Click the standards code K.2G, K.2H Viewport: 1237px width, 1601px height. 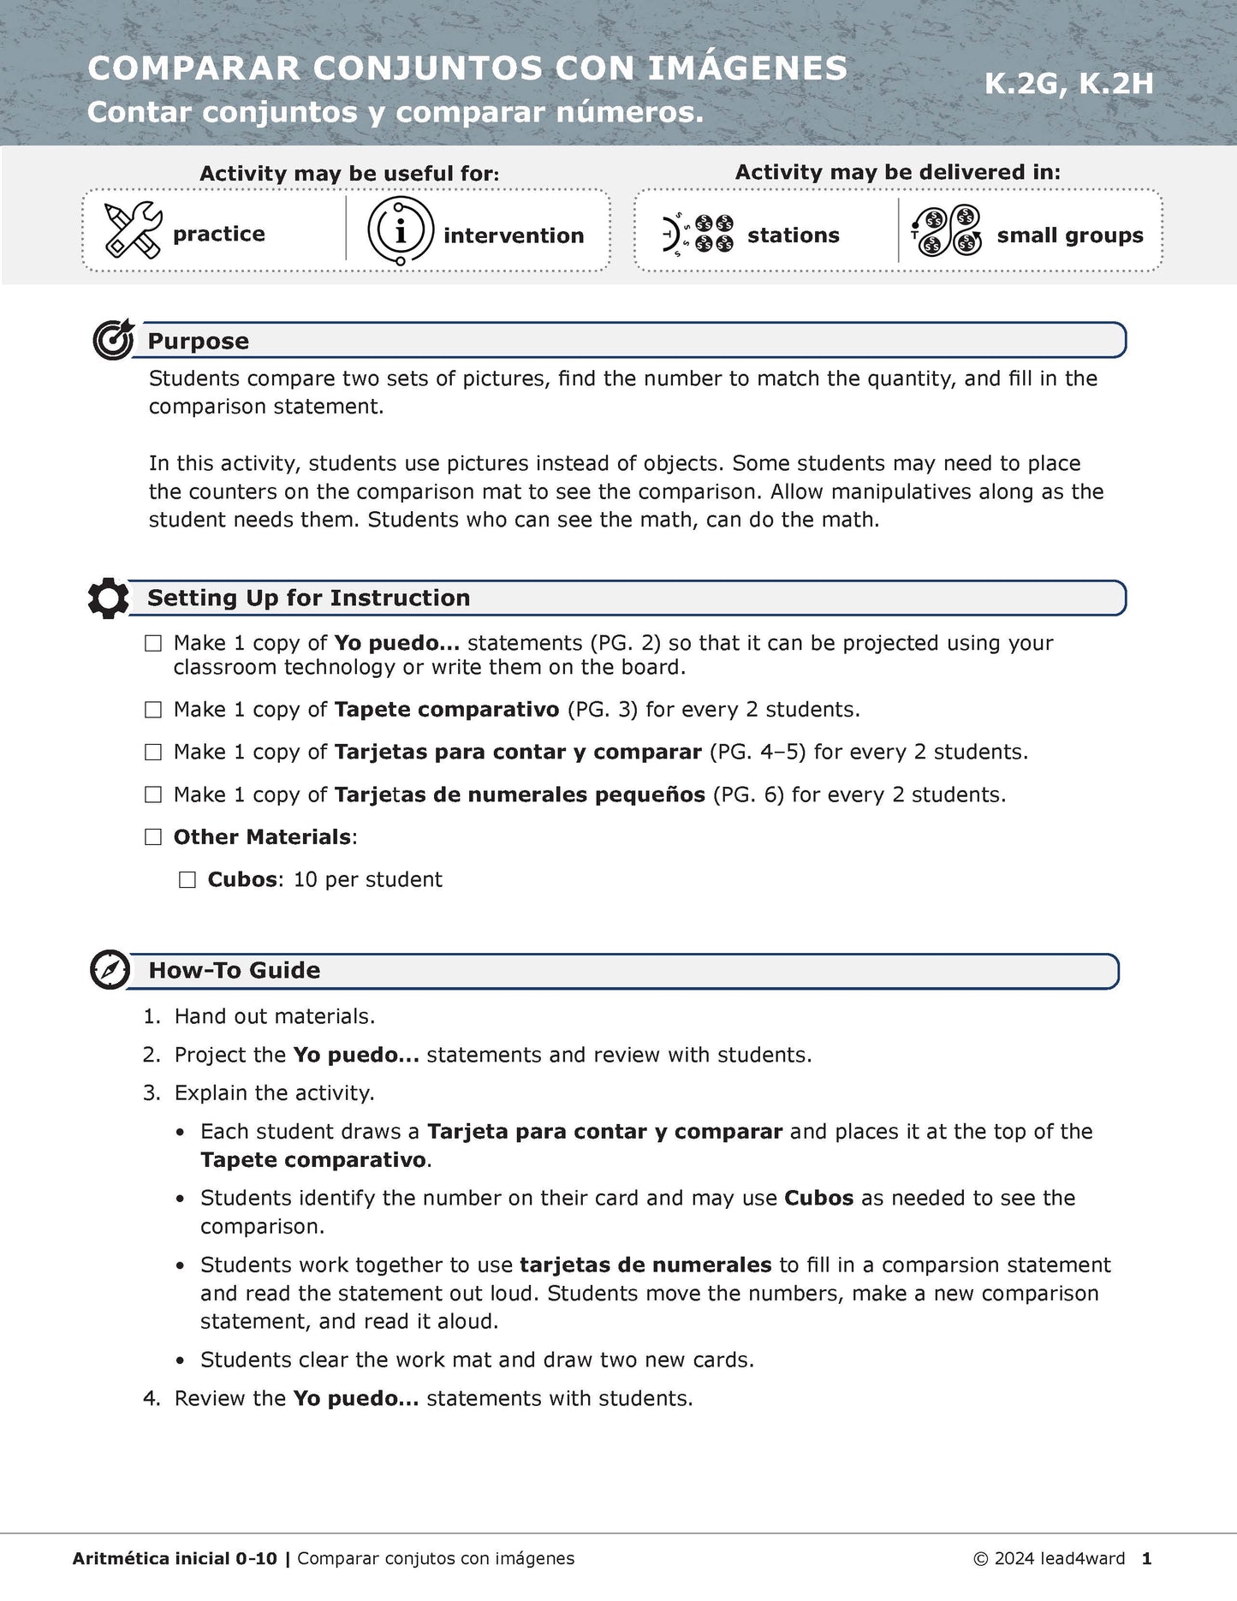coord(1068,84)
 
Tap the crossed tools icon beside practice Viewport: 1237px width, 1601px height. coord(133,230)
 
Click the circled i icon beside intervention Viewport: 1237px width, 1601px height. coord(400,230)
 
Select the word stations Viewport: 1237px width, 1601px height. coord(793,235)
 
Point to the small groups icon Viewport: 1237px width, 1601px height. coord(946,231)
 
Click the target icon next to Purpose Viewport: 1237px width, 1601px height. coord(113,340)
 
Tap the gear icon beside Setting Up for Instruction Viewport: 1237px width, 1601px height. coord(109,598)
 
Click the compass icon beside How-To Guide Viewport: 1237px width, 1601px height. coord(110,970)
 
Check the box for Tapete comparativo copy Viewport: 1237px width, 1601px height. coord(153,710)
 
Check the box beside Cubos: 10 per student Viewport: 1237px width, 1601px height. coord(187,880)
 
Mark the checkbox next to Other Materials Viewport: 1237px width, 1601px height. coord(153,837)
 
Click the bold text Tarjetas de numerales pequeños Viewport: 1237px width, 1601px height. coord(519,795)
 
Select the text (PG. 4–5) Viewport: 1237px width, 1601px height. coord(758,753)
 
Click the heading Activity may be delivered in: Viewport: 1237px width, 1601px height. coord(897,172)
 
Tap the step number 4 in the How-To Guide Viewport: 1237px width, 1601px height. coord(151,1399)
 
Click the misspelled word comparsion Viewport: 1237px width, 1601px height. coord(941,1265)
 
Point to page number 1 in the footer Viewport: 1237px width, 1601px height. coord(1146,1559)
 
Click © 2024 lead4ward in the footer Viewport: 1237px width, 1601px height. coord(1049,1559)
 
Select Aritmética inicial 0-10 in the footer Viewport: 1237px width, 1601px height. coord(175,1559)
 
